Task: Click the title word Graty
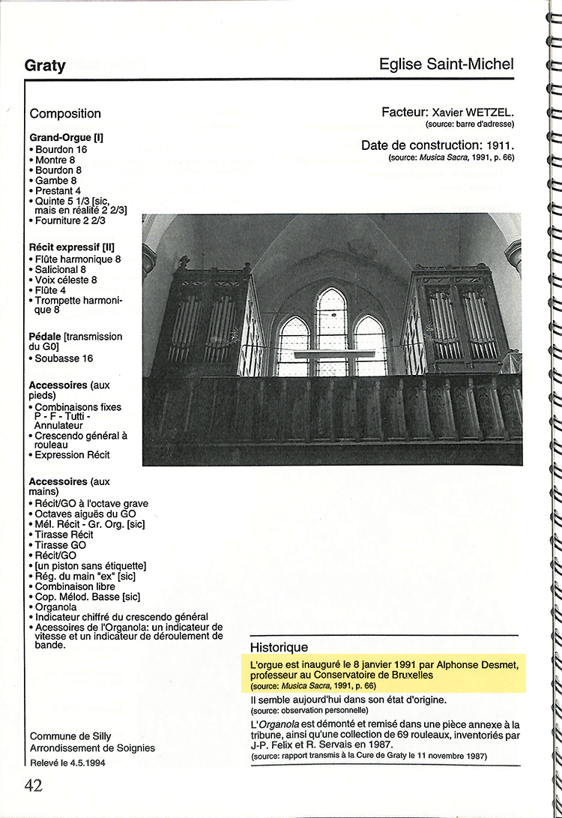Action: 45,65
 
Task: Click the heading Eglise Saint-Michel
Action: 447,64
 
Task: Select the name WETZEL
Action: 488,112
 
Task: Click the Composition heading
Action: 65,114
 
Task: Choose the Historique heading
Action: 279,647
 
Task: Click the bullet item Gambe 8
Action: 55,181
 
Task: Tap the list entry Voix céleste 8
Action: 66,280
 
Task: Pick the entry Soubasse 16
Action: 64,358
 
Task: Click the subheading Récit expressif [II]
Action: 71,247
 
